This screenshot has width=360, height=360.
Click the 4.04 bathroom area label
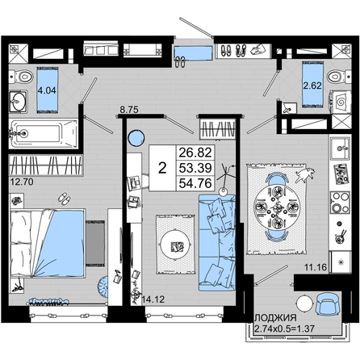(x=47, y=90)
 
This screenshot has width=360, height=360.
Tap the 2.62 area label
(x=312, y=86)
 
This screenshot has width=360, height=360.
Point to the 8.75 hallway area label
(x=129, y=110)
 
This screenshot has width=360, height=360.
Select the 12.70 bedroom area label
(x=22, y=182)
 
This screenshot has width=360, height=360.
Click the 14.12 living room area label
(x=153, y=299)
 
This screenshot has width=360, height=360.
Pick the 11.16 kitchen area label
(x=316, y=267)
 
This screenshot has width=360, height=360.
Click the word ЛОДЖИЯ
(x=275, y=318)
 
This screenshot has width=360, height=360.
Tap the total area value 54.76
(x=195, y=183)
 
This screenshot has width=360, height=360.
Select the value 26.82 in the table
(x=195, y=153)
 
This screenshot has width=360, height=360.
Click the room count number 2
(x=162, y=168)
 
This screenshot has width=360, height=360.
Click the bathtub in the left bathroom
(x=43, y=134)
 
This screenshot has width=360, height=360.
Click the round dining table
(x=277, y=207)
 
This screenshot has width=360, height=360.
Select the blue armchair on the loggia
(x=328, y=304)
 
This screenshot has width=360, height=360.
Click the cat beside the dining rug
(x=305, y=174)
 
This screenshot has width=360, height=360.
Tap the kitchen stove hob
(x=341, y=203)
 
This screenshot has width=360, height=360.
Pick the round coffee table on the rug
(x=175, y=245)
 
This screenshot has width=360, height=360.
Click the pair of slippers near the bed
(x=65, y=199)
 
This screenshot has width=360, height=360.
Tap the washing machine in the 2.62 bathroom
(x=341, y=102)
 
